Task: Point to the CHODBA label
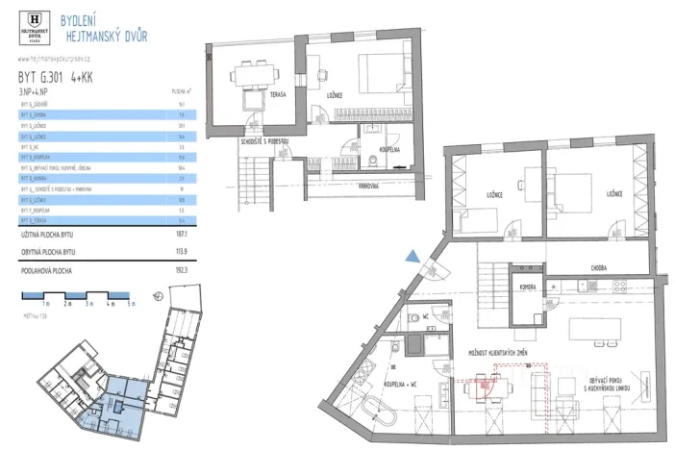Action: point(603,268)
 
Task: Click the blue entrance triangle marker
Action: point(412,255)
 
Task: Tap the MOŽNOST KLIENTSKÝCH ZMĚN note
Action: point(497,353)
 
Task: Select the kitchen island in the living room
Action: point(595,329)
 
